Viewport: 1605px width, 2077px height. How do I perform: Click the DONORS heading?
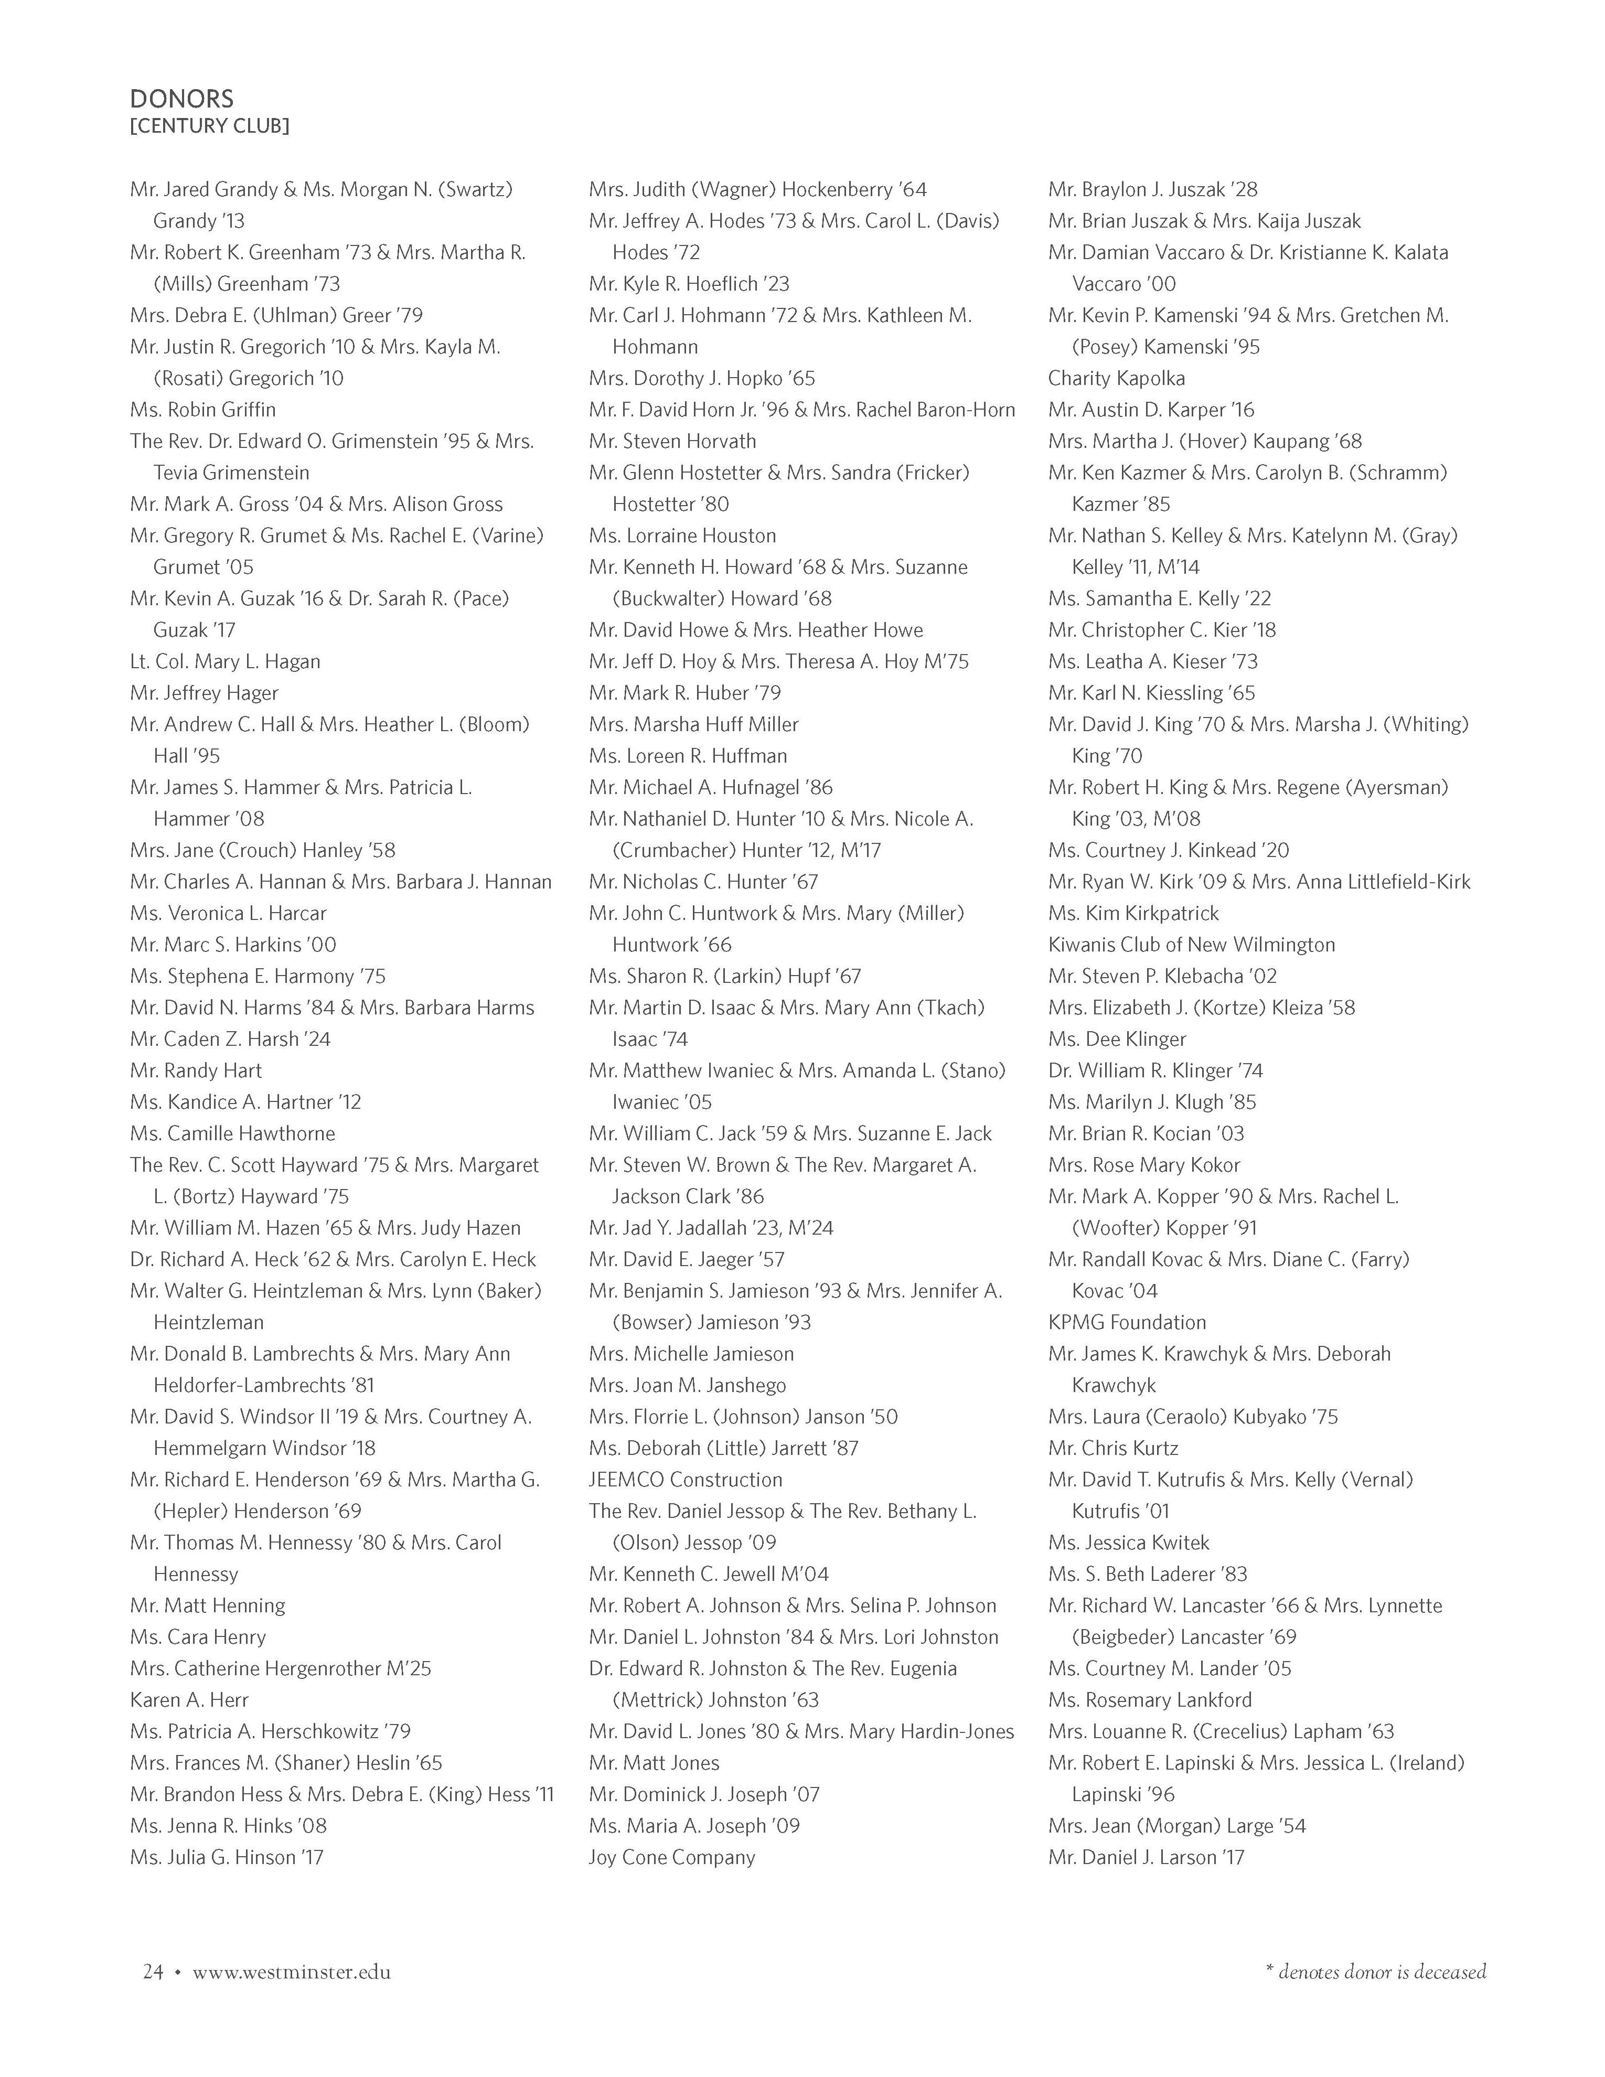(x=181, y=99)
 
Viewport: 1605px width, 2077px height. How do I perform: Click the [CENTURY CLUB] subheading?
(x=209, y=125)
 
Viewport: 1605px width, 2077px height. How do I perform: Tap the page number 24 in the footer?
(x=153, y=1972)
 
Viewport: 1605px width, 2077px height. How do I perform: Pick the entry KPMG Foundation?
(x=1127, y=1322)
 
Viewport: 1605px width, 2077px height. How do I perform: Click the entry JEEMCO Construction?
(x=686, y=1480)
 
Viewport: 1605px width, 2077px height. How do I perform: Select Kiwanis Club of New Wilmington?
(x=1191, y=944)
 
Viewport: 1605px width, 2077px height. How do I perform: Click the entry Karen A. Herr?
(x=189, y=1699)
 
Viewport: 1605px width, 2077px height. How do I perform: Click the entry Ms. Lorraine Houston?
(x=682, y=536)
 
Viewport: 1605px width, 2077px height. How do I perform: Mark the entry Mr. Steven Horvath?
(x=672, y=441)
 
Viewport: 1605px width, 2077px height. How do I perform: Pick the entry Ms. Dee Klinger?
(x=1117, y=1038)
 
